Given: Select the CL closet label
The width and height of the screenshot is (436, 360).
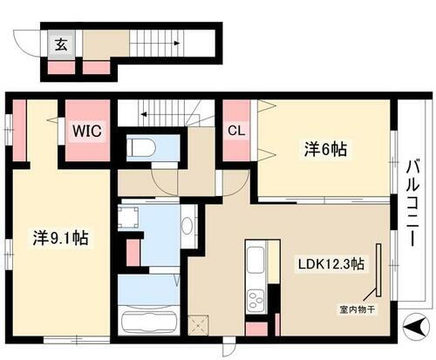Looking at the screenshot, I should tap(235, 132).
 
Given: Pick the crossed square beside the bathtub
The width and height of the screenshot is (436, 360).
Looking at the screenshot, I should tap(197, 324).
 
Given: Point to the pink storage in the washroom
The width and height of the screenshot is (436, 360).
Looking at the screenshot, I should tap(133, 251).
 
